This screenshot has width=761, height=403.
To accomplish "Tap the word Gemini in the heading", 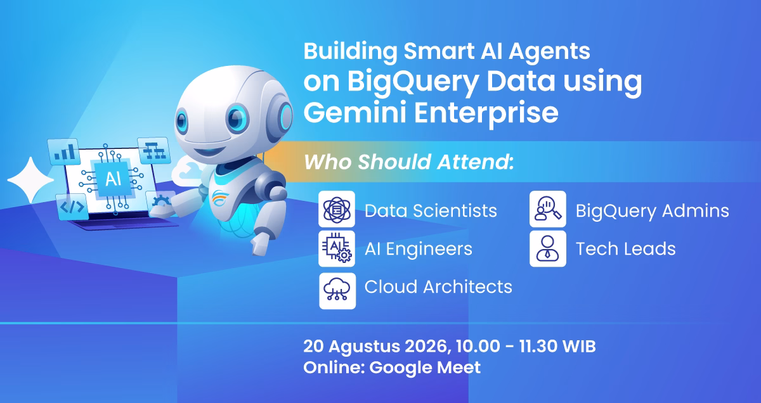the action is [x=354, y=113].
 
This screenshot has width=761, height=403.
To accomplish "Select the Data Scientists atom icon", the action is [x=337, y=209].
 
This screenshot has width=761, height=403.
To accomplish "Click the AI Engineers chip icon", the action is [x=337, y=248].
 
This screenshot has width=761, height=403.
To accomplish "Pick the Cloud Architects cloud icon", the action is [x=337, y=291].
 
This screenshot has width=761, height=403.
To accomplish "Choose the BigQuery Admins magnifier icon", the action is [x=548, y=209].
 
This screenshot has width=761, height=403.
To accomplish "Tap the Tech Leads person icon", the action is [x=548, y=248].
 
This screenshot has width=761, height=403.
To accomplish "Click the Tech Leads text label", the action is [x=625, y=249].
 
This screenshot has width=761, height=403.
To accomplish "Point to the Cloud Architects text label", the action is [x=438, y=287].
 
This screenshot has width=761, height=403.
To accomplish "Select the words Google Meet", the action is [x=425, y=368].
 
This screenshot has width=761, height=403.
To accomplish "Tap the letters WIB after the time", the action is [x=579, y=347].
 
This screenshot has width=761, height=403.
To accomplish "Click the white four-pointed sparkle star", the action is [x=30, y=180].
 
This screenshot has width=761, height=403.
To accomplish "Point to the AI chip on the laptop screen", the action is [x=113, y=179].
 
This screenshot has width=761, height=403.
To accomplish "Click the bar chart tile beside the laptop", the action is [x=64, y=152].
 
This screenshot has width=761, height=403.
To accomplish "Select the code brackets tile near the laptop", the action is [x=72, y=207].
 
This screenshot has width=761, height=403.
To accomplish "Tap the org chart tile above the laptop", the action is [x=154, y=150].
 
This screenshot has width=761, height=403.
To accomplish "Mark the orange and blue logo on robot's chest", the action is [x=221, y=198].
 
